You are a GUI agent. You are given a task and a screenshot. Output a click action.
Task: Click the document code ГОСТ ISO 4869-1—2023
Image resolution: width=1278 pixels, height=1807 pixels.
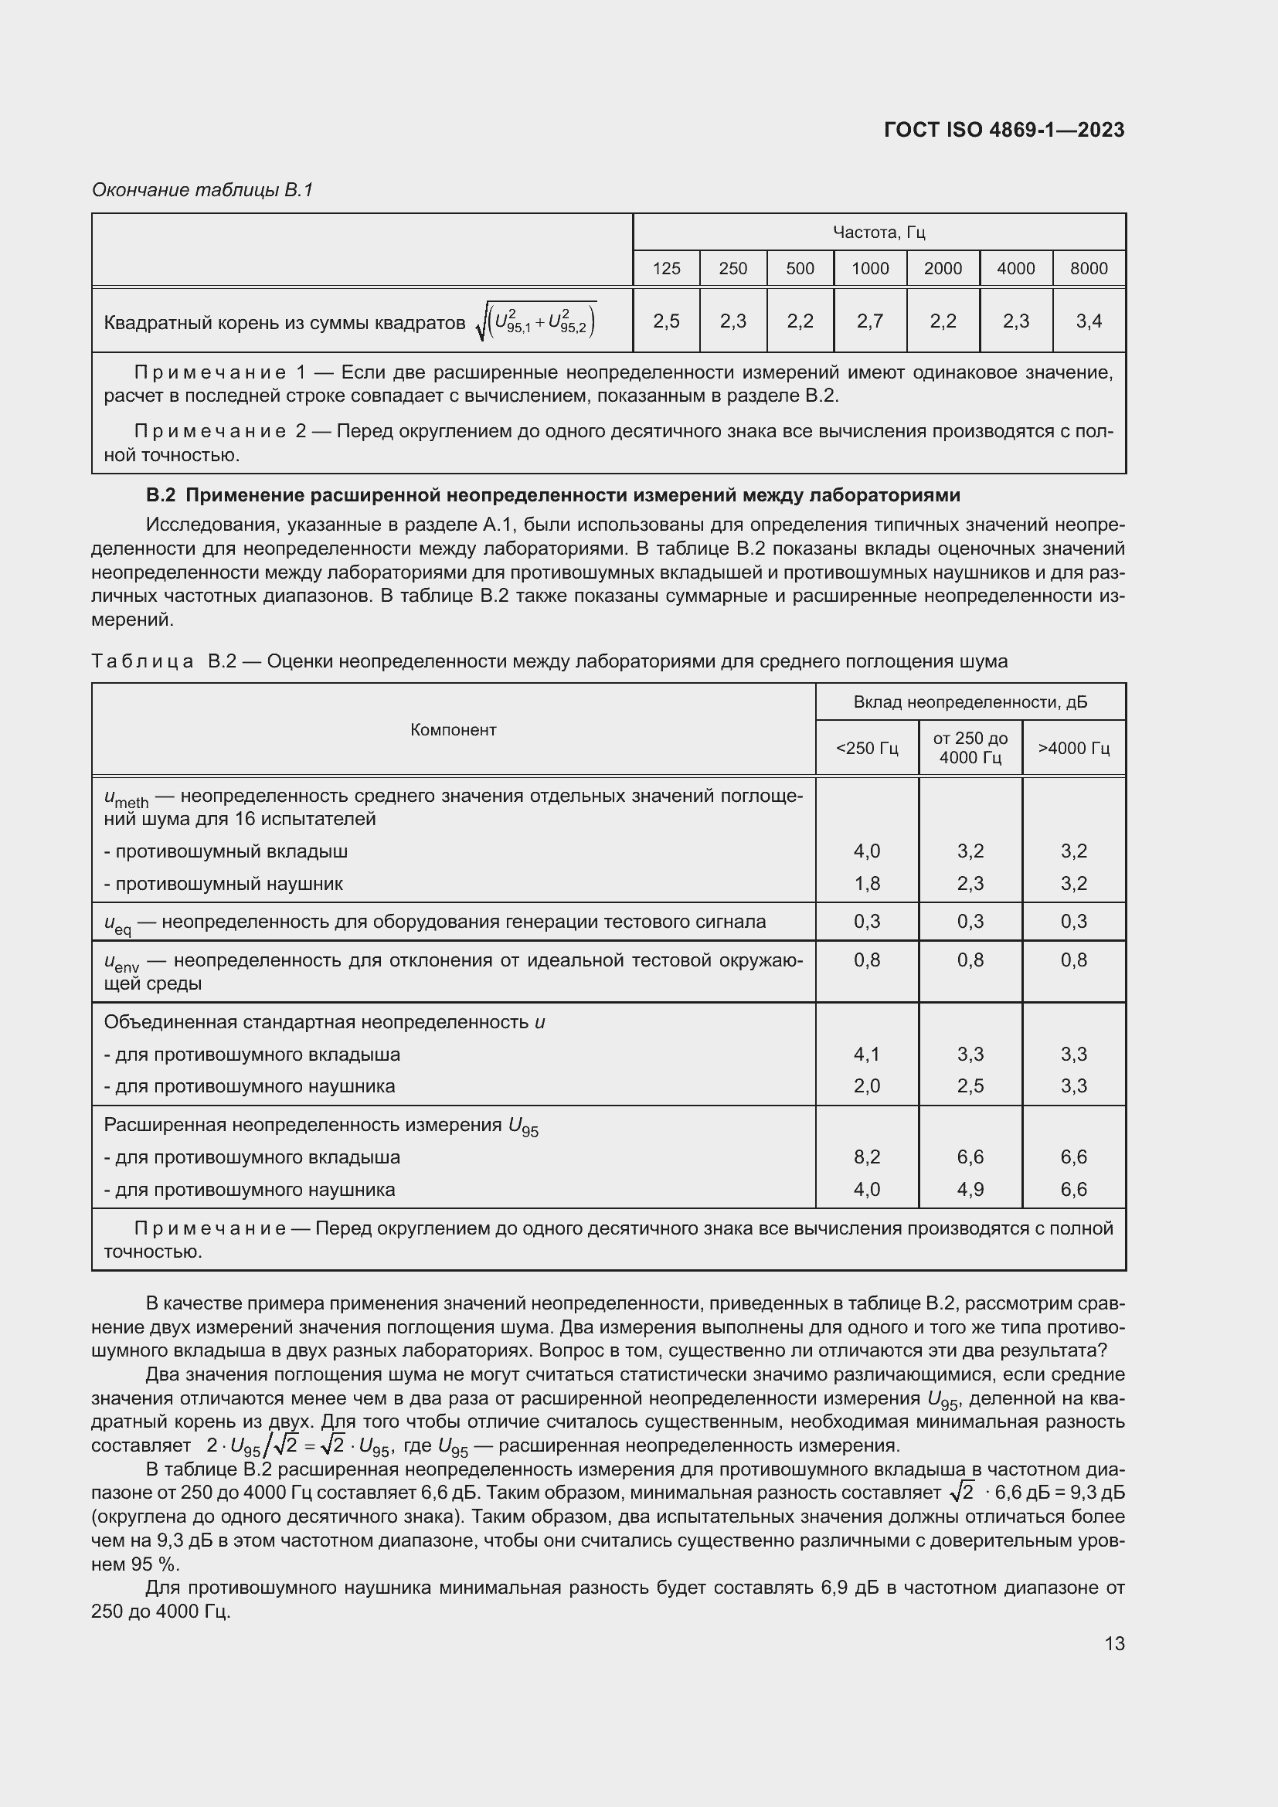click(x=1004, y=130)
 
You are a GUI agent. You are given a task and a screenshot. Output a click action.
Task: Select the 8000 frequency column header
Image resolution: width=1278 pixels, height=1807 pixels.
click(x=1089, y=268)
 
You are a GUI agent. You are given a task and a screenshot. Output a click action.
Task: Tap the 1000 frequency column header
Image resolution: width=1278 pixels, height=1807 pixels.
click(x=869, y=268)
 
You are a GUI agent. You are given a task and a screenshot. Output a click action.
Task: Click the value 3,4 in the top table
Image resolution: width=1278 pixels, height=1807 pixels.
click(x=1089, y=321)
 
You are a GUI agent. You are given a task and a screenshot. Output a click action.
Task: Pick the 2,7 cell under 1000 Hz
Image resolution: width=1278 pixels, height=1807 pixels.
click(x=869, y=321)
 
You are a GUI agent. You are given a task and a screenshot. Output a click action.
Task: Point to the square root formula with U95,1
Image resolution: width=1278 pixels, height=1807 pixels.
click(x=537, y=321)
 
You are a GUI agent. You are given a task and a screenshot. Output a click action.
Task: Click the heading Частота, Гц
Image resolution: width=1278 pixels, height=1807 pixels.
click(x=879, y=233)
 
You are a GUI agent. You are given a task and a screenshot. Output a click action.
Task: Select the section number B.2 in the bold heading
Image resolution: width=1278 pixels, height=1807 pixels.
click(x=161, y=495)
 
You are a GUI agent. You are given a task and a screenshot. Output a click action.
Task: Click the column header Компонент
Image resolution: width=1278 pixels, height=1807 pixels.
click(x=454, y=729)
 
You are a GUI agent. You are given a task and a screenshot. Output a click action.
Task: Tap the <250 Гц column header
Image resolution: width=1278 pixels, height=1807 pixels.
click(x=866, y=748)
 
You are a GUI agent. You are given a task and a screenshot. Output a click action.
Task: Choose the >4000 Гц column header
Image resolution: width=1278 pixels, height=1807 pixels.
click(x=1073, y=748)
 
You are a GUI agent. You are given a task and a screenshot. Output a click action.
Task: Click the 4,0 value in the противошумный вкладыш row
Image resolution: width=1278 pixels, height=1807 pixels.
click(x=866, y=851)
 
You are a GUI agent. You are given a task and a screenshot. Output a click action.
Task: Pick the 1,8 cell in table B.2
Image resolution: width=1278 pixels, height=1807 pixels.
click(x=866, y=883)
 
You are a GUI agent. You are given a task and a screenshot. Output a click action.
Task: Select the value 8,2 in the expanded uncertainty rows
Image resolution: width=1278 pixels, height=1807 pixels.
click(x=866, y=1157)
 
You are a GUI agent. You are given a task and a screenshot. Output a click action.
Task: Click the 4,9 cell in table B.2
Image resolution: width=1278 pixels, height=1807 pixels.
click(x=970, y=1189)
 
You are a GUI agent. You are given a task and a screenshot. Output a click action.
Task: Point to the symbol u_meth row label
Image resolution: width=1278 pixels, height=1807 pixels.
click(x=126, y=798)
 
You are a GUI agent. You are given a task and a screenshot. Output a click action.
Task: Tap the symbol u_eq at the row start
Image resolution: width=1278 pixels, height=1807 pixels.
click(x=117, y=923)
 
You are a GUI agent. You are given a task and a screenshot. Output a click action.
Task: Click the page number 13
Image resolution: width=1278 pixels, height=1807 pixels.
click(x=1113, y=1643)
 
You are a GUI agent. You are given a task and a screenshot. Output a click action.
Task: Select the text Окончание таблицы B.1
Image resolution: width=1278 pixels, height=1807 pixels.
click(x=202, y=190)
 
